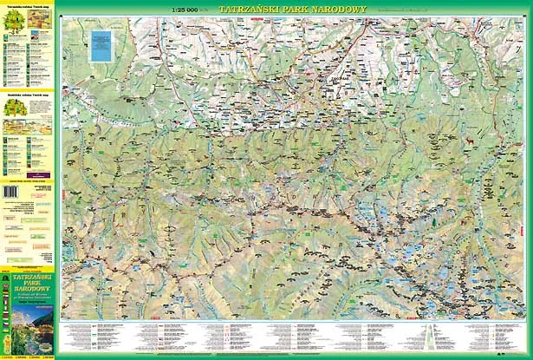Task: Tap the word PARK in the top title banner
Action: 290,10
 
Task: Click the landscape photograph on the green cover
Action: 28,332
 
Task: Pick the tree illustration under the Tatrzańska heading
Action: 13,23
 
